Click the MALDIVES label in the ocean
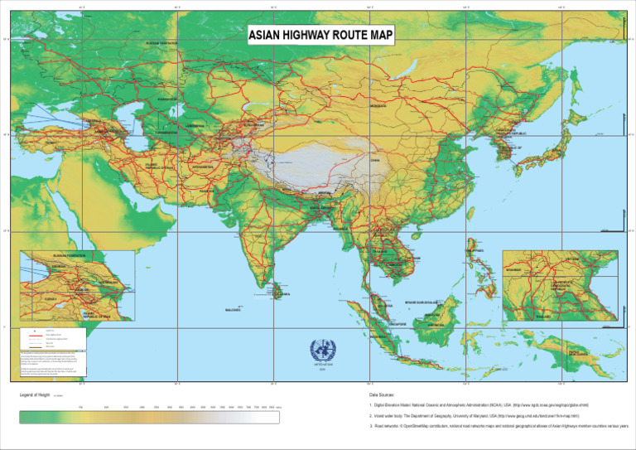point(234,311)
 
